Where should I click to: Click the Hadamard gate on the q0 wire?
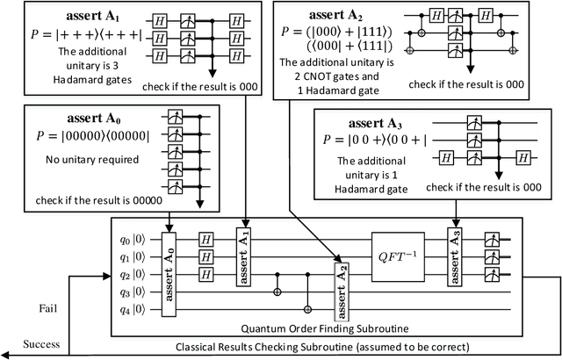(x=206, y=238)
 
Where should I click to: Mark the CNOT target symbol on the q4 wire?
(x=308, y=309)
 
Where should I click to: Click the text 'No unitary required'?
(x=68, y=161)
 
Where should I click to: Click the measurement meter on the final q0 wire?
(x=495, y=238)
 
